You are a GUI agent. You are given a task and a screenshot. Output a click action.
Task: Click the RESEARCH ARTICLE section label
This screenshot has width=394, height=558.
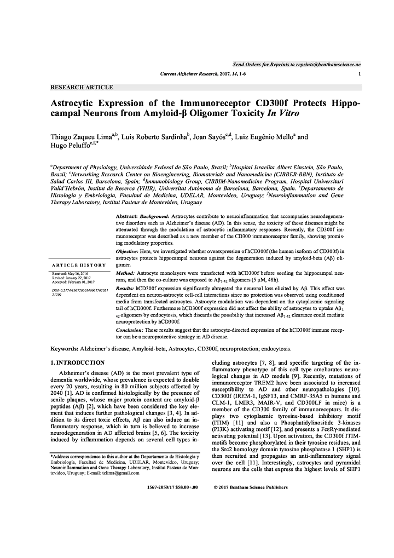pos(82,87)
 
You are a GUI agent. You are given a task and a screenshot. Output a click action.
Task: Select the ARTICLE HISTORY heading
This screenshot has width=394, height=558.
pos(80,265)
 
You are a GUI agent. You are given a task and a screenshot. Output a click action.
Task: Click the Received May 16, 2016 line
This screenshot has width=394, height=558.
pos(70,273)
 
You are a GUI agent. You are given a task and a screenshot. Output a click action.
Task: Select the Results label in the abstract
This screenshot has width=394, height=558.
pos(125,287)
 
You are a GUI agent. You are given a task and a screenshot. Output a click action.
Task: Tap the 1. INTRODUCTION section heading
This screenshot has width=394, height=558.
pos(77,363)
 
